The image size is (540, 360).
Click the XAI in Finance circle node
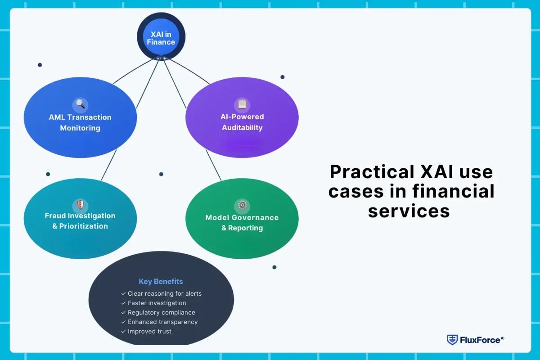click(x=161, y=36)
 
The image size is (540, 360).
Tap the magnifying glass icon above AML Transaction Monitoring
click(x=80, y=104)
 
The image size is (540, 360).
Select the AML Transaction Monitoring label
click(x=80, y=122)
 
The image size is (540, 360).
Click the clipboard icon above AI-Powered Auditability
click(x=242, y=104)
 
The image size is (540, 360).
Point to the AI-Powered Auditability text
click(x=242, y=122)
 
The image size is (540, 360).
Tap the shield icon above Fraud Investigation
click(x=80, y=205)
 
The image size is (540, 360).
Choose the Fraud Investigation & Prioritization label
click(x=80, y=221)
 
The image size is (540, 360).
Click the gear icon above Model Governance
click(x=242, y=206)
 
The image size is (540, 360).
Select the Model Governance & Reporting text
click(x=242, y=222)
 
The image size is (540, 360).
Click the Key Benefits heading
click(x=161, y=281)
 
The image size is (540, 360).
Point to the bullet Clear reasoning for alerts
click(x=164, y=293)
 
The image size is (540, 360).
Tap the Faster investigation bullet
click(x=157, y=303)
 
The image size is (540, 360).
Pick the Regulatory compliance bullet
click(x=161, y=312)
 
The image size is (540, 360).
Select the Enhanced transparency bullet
click(x=162, y=322)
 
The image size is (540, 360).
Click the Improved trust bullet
click(x=149, y=331)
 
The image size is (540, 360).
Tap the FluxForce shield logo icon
click(x=452, y=340)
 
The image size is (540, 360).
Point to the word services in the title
click(x=409, y=210)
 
